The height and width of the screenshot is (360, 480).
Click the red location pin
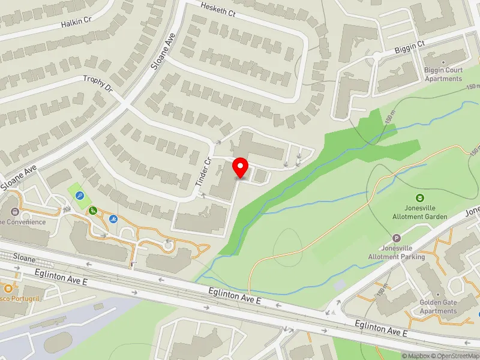pyautogui.click(x=241, y=167)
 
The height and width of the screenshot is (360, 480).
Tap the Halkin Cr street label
pyautogui.click(x=76, y=22)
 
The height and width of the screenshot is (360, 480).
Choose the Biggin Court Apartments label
pyautogui.click(x=443, y=74)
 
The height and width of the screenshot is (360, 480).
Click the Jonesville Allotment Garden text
pyautogui.click(x=420, y=212)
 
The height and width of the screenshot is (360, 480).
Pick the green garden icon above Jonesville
pyautogui.click(x=420, y=197)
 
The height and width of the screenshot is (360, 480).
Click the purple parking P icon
pyautogui.click(x=396, y=238)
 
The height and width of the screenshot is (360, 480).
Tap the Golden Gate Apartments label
pyautogui.click(x=439, y=307)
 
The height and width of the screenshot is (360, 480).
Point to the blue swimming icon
pyautogui.click(x=113, y=218)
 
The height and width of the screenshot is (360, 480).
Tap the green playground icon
pyautogui.click(x=94, y=210)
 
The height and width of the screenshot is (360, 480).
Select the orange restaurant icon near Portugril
pyautogui.click(x=9, y=287)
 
